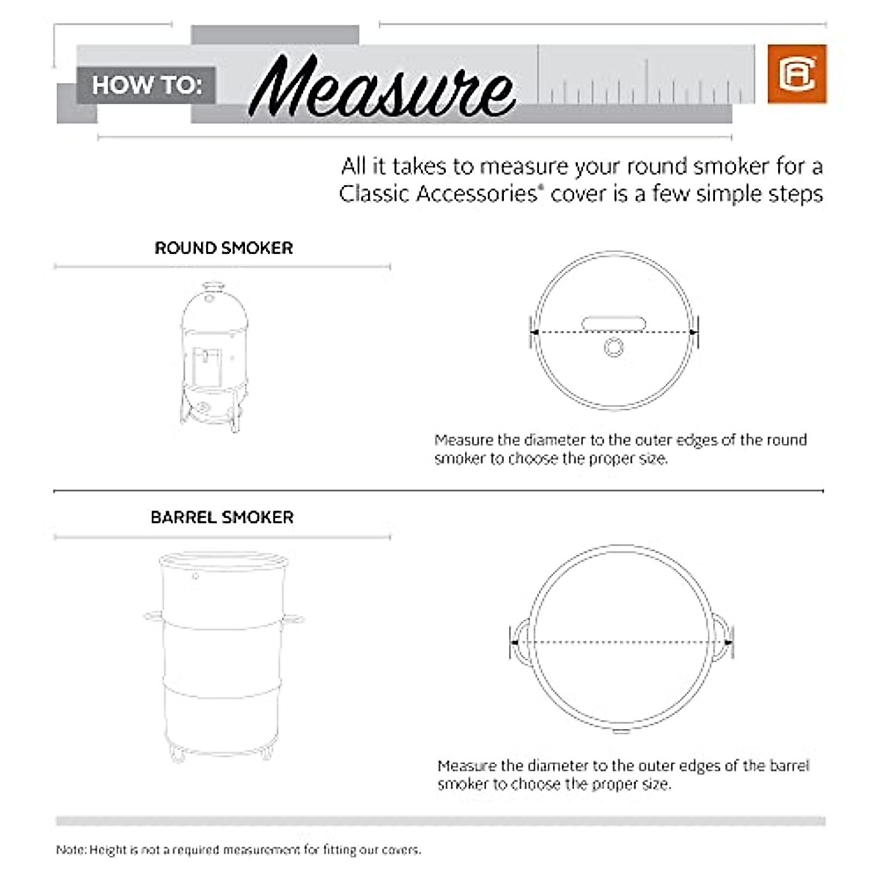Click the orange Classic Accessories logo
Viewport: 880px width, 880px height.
click(796, 74)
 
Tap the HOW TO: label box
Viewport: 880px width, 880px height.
click(146, 85)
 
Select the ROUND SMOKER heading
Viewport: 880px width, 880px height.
click(224, 248)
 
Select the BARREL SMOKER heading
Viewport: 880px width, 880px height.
click(222, 517)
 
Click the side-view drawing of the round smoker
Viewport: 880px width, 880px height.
click(213, 356)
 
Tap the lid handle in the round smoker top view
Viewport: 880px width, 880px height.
click(613, 323)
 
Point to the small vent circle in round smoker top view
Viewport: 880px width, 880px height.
click(614, 347)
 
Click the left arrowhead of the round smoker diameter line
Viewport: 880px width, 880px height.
click(535, 332)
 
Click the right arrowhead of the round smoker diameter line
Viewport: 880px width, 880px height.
click(693, 332)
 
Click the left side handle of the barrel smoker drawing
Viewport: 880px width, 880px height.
click(153, 616)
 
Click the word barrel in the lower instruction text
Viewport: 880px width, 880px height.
click(789, 766)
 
